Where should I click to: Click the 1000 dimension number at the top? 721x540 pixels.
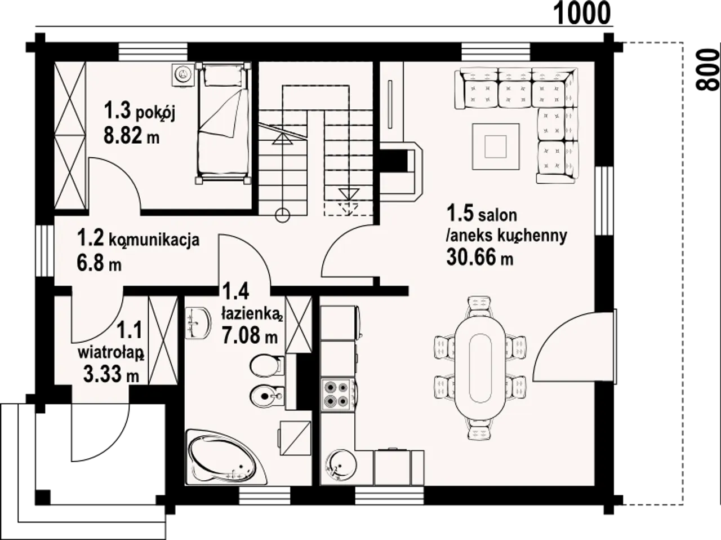point(582,13)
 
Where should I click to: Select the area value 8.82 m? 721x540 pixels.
point(131,136)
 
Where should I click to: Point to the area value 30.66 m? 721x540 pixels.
point(479,256)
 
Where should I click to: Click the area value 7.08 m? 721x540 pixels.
point(250,335)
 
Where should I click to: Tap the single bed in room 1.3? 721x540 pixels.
point(224,122)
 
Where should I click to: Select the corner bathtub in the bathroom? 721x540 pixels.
point(226,457)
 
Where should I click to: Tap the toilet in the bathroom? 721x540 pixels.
point(266,365)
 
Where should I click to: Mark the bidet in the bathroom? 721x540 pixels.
point(266,396)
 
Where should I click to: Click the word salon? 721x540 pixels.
point(497,215)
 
